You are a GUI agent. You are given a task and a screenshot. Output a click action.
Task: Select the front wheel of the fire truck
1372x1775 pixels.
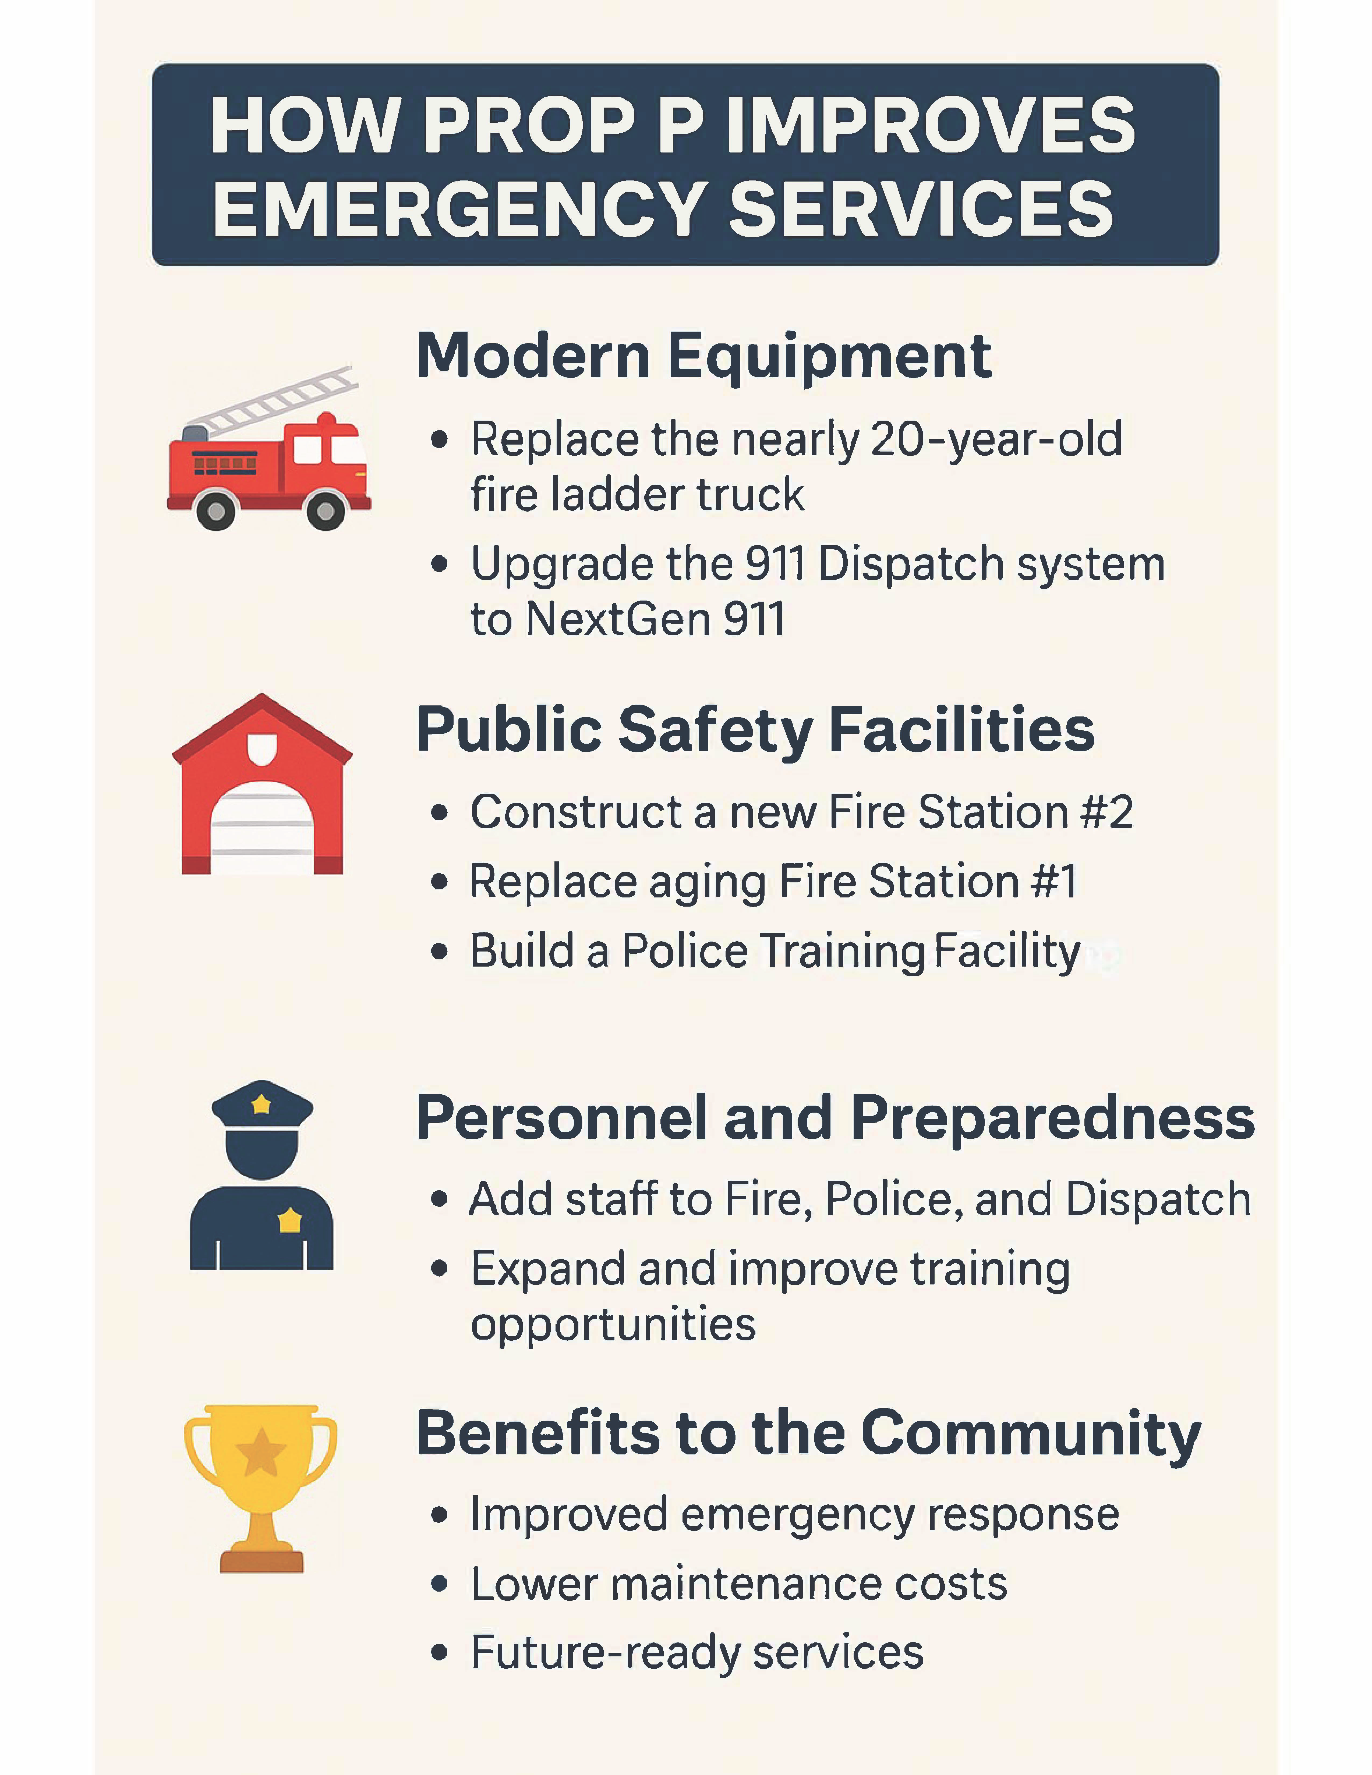pos(325,510)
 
